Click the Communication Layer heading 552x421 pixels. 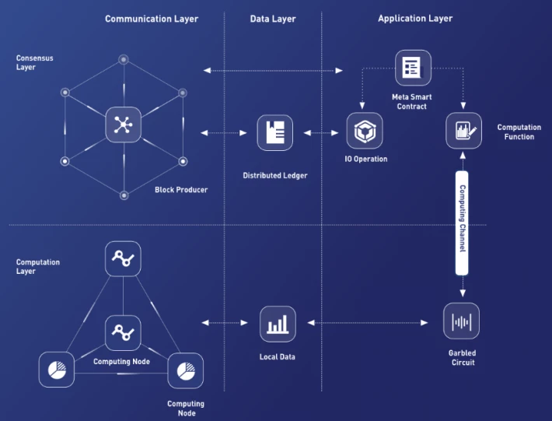(x=152, y=19)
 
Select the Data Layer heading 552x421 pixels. (x=273, y=19)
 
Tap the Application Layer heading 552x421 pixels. (x=415, y=19)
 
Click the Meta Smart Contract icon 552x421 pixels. (x=413, y=68)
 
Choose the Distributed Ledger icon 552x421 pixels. (x=275, y=133)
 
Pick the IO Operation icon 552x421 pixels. (x=365, y=131)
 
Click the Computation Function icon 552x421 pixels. (x=463, y=131)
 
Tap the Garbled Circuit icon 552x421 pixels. (x=461, y=321)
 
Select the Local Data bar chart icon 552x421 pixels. (x=278, y=325)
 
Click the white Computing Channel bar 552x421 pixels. (x=462, y=223)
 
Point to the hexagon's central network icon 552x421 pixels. (x=123, y=125)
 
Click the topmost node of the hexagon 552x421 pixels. (x=123, y=60)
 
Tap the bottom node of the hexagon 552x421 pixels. (x=124, y=195)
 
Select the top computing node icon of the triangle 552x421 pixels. (x=123, y=258)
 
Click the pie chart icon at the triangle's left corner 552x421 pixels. (x=56, y=370)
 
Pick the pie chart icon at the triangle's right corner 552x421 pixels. (x=186, y=370)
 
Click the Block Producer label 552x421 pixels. (x=181, y=190)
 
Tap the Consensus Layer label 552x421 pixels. (x=34, y=63)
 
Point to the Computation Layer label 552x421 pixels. (x=37, y=267)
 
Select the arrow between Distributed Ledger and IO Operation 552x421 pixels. (x=321, y=133)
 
